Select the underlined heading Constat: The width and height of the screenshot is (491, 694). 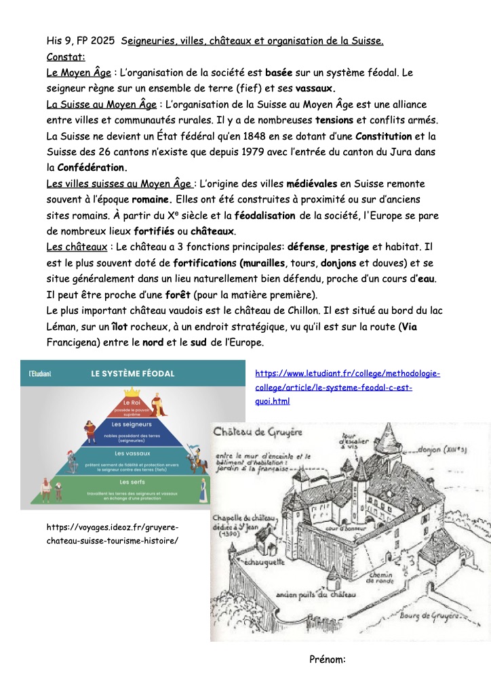[x=66, y=56]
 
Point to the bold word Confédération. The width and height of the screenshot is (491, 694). [x=93, y=167]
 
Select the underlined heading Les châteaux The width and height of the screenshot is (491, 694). [x=74, y=247]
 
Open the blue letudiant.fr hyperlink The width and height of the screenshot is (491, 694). [x=347, y=387]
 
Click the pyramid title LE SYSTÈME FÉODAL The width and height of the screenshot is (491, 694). [x=133, y=373]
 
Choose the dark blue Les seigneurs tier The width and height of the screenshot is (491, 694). [x=132, y=428]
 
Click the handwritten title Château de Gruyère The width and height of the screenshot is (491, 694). [x=258, y=431]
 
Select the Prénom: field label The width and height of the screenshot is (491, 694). [x=328, y=658]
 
